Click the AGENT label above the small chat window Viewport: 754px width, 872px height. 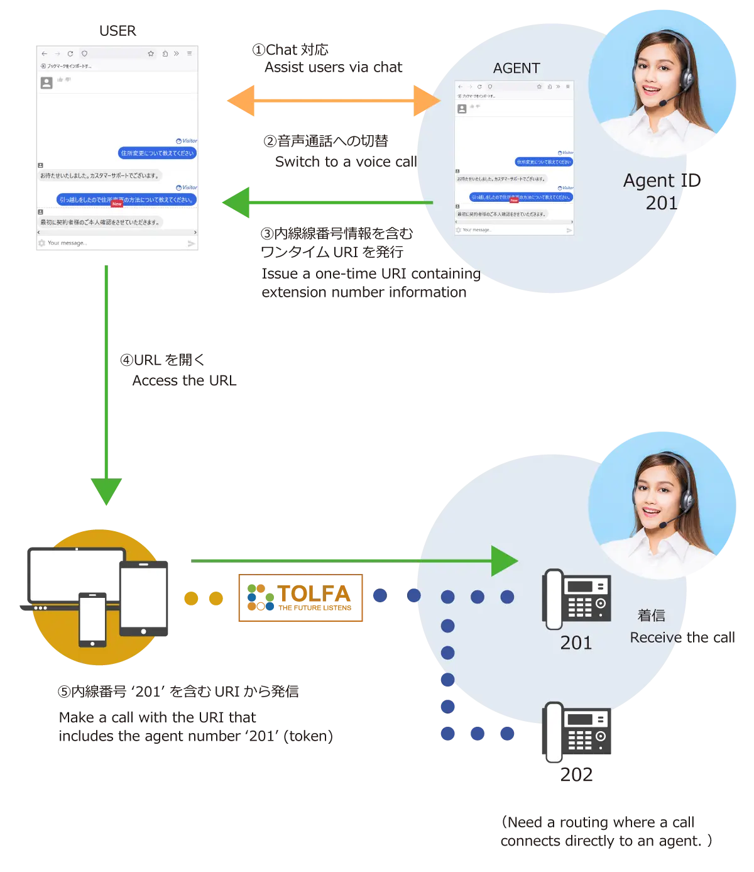click(516, 69)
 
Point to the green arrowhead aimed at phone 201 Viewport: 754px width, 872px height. click(504, 561)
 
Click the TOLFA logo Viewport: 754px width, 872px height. click(301, 598)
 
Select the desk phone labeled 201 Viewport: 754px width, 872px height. click(577, 599)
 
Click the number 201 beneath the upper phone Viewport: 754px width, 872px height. click(576, 643)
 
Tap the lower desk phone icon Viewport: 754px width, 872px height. click(576, 731)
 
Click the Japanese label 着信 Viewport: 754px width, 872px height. click(651, 615)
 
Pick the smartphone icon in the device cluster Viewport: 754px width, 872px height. click(92, 619)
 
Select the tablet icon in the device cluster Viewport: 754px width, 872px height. click(144, 598)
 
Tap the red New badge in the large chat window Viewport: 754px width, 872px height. click(117, 204)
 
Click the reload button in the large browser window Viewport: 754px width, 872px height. click(70, 54)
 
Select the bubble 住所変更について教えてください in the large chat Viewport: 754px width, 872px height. click(158, 153)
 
